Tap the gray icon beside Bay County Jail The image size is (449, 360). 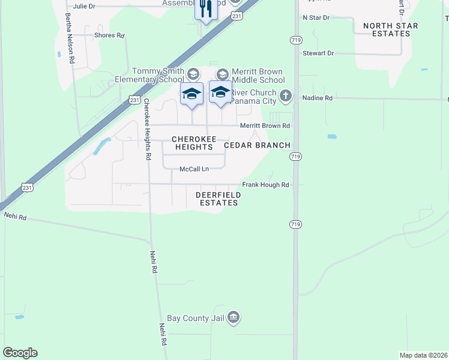[234, 317]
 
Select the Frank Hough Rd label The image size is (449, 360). [265, 185]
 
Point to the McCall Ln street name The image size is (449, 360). [194, 169]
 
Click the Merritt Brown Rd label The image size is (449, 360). [265, 125]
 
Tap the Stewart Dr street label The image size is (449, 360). [318, 53]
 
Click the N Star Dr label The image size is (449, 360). [316, 18]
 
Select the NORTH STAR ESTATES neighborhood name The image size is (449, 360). [387, 29]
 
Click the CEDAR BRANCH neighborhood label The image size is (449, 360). [257, 145]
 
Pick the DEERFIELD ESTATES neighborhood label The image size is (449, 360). [218, 199]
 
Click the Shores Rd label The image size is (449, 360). [109, 35]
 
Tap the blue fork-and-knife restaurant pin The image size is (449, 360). [206, 9]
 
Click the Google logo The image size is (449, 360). [20, 353]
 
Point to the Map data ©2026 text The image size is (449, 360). [423, 355]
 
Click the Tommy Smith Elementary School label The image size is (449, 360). [149, 75]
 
